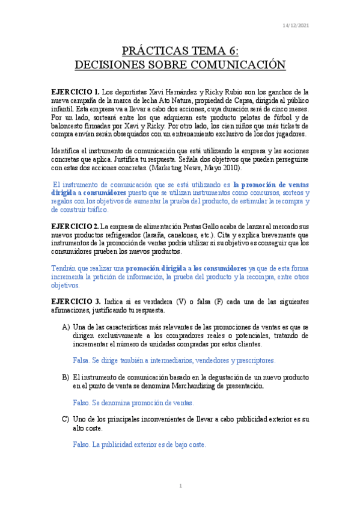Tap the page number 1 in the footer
[180, 485]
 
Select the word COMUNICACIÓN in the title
[232, 64]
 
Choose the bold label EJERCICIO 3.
[76, 300]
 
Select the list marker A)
[66, 325]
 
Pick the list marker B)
[66, 376]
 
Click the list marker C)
[66, 419]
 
